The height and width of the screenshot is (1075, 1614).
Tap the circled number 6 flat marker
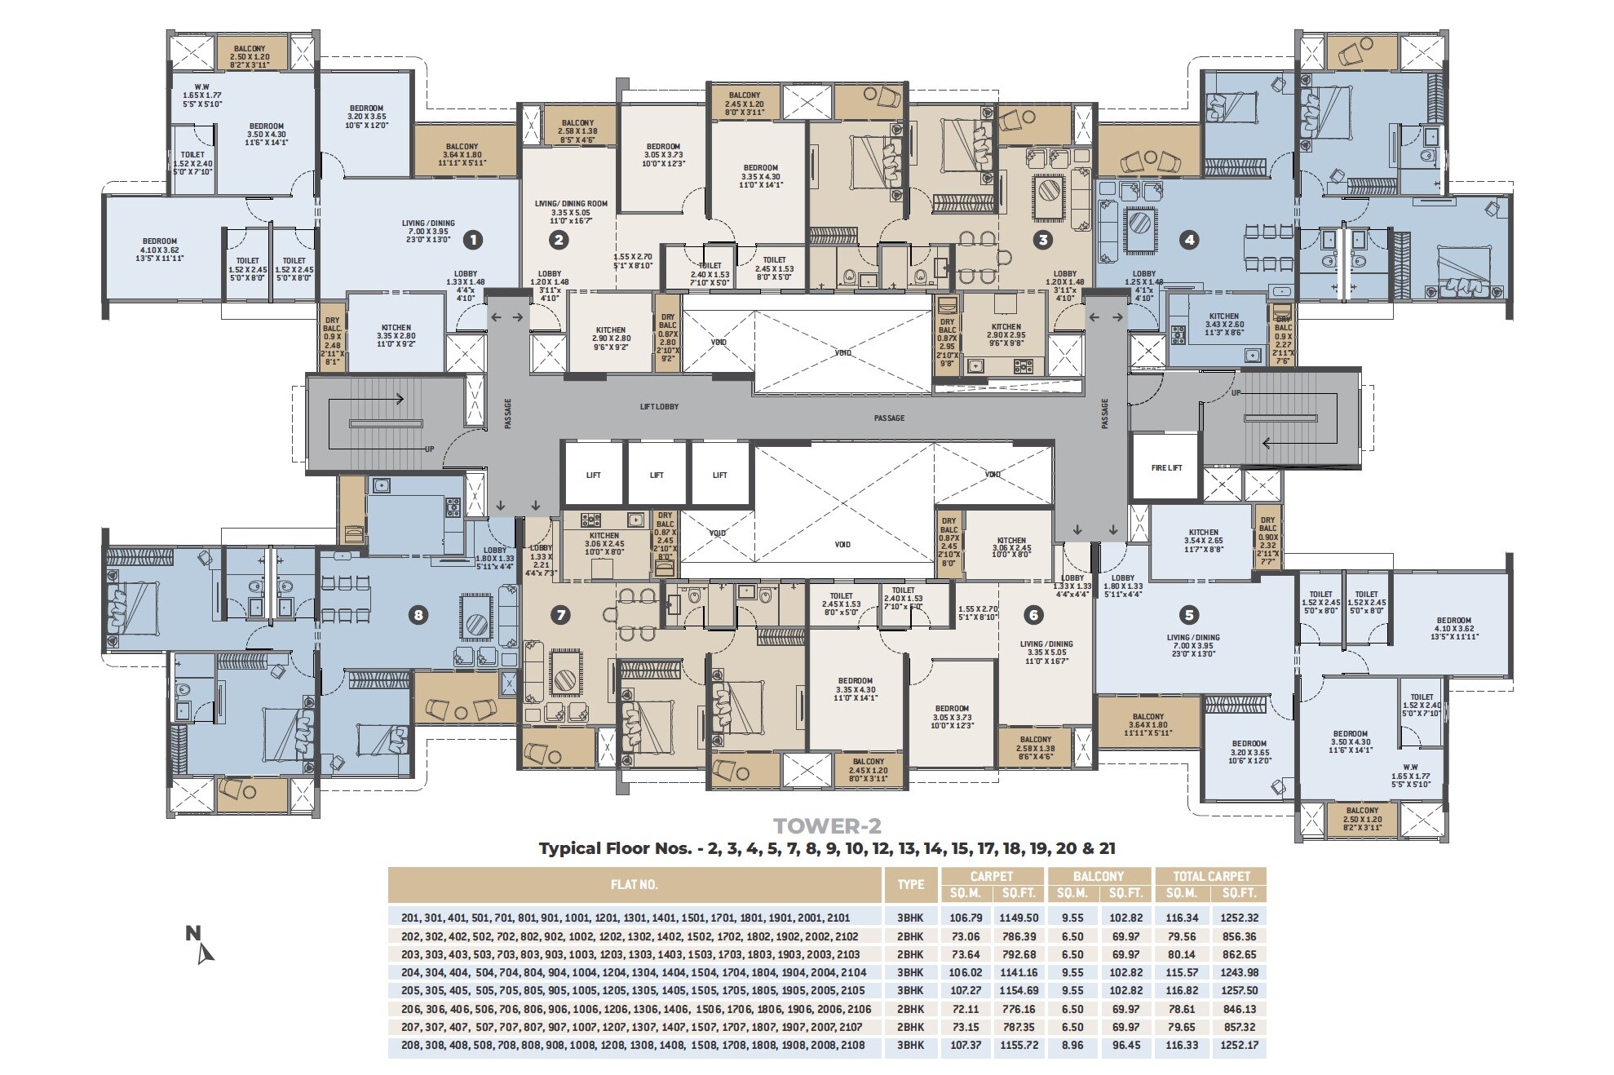pyautogui.click(x=1033, y=615)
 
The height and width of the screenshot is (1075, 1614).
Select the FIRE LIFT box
pyautogui.click(x=1166, y=467)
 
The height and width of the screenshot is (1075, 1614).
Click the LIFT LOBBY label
pyautogui.click(x=659, y=406)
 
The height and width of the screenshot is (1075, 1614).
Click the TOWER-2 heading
pyautogui.click(x=827, y=826)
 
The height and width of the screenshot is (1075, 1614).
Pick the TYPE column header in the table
pyautogui.click(x=910, y=884)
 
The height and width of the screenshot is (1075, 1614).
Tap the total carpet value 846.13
pyautogui.click(x=1238, y=1009)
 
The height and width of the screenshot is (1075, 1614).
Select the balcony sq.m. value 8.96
pyautogui.click(x=1072, y=1046)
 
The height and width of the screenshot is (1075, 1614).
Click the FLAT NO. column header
pyautogui.click(x=634, y=884)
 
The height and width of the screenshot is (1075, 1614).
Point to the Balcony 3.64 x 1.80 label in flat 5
pyautogui.click(x=1147, y=724)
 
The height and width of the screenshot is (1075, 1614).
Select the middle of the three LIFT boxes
pyautogui.click(x=657, y=475)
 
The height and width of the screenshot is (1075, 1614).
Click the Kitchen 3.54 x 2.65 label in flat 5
pyautogui.click(x=1203, y=540)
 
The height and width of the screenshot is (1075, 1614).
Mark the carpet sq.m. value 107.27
pyautogui.click(x=965, y=991)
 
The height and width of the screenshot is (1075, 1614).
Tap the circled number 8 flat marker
pyautogui.click(x=418, y=615)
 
